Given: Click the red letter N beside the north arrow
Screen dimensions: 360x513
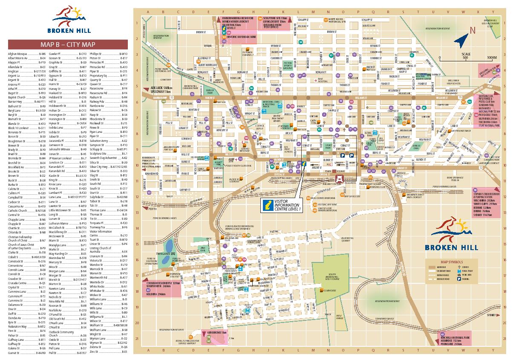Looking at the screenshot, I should (x=472, y=30).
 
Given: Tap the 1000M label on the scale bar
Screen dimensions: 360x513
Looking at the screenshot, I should (x=491, y=57).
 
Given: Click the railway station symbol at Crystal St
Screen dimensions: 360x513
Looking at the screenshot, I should (x=340, y=178).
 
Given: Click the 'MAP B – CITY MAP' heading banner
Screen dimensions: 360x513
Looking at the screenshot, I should (x=68, y=45).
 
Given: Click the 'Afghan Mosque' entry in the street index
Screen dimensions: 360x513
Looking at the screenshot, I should (x=17, y=54).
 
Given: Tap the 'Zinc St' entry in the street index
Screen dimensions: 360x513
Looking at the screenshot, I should (x=94, y=352).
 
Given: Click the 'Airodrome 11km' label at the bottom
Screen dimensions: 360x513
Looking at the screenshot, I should (x=219, y=331).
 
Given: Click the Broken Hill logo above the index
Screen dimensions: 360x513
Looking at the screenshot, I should (x=68, y=19).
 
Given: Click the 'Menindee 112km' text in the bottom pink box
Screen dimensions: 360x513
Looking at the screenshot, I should (x=458, y=340).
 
